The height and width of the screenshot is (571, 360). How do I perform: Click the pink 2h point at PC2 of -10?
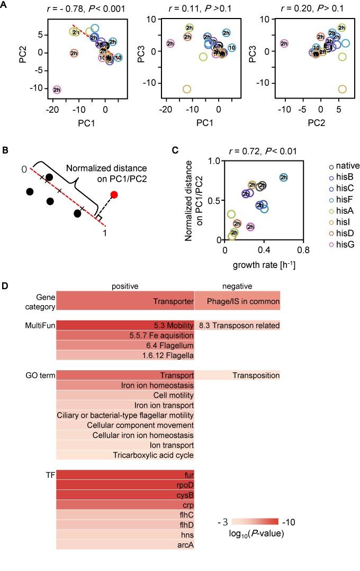[x=57, y=90]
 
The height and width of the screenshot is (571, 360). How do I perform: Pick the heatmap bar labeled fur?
[x=125, y=475]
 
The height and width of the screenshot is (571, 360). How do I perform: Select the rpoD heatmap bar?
[x=125, y=485]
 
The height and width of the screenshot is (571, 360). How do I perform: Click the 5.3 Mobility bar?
[x=125, y=325]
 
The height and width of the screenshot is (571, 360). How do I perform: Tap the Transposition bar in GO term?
[x=237, y=376]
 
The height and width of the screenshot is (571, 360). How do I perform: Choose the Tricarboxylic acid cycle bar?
[x=125, y=456]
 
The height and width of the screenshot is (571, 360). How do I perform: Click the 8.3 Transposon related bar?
[x=237, y=325]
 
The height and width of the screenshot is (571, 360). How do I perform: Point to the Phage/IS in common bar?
[x=237, y=300]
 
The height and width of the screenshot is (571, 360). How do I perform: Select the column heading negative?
[x=237, y=286]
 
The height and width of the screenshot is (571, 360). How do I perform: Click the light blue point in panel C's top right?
[x=284, y=177]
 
